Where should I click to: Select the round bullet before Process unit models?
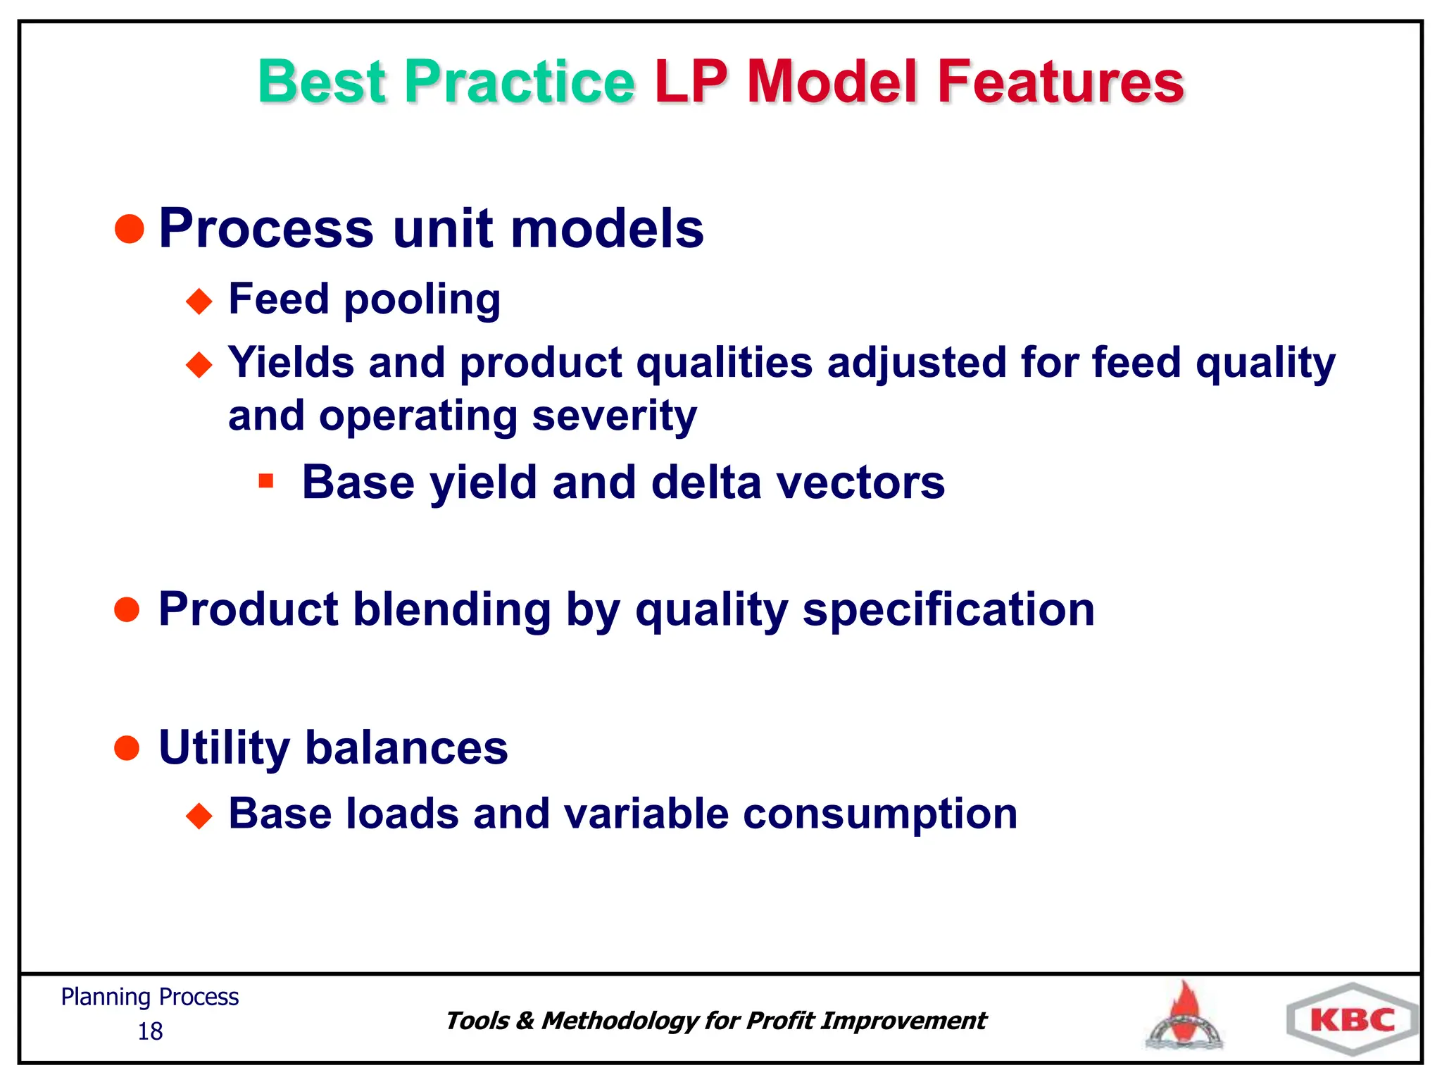[129, 229]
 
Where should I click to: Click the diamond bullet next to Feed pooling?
[199, 301]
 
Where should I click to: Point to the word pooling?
[422, 300]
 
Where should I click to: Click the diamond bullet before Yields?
[199, 365]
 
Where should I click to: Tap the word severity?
[614, 416]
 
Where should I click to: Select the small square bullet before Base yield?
[265, 482]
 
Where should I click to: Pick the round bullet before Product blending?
[127, 609]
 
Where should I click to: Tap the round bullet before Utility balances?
[127, 747]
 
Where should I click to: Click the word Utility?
[224, 748]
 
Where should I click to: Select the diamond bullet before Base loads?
[199, 816]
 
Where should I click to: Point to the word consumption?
[880, 814]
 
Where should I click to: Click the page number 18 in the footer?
[150, 1031]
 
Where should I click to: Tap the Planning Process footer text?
[150, 997]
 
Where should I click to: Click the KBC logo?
[1352, 1020]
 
